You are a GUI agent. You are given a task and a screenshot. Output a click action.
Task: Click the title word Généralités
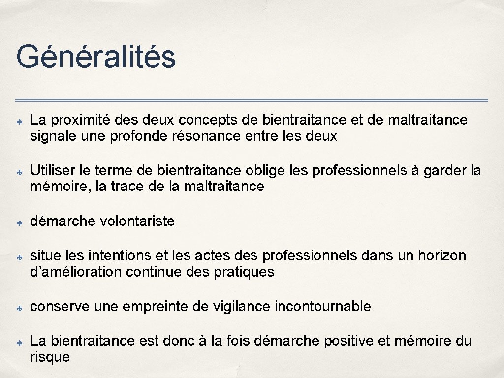[x=95, y=57]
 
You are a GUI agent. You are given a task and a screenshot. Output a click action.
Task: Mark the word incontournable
[x=322, y=306]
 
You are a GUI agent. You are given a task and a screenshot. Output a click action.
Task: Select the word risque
[x=50, y=357]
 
